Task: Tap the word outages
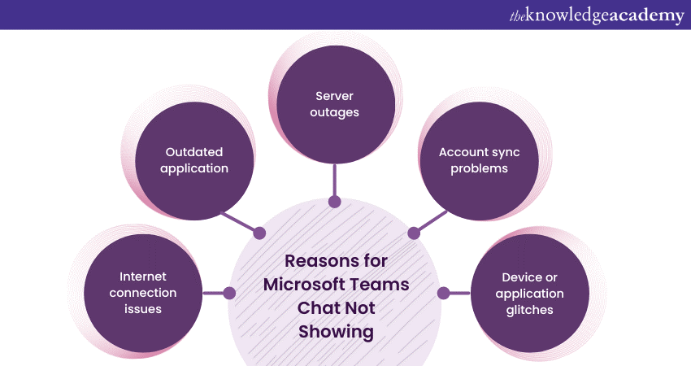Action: [334, 113]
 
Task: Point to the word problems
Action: [479, 168]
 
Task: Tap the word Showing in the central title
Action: [335, 332]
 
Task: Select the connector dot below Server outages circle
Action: [333, 200]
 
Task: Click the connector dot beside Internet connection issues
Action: [229, 293]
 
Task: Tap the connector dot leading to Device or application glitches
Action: [443, 293]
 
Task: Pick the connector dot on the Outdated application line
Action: [259, 233]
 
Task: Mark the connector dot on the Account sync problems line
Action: [413, 233]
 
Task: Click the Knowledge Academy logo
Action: [598, 15]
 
